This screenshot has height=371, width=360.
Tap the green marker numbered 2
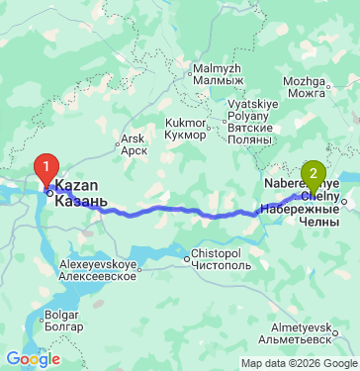315,177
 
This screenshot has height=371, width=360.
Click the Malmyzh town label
216,75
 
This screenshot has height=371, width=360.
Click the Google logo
33,359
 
